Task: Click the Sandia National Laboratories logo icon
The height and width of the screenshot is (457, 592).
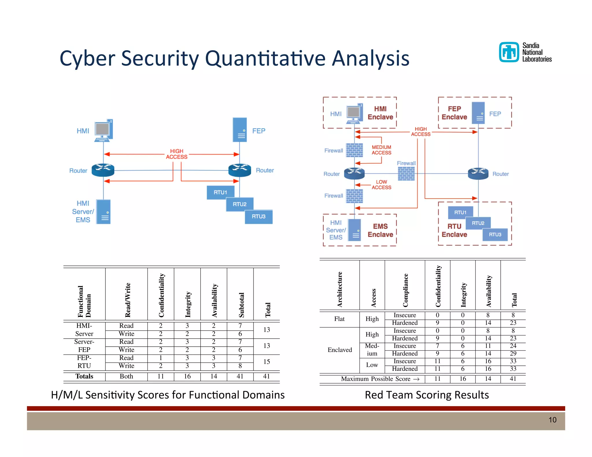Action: click(509, 52)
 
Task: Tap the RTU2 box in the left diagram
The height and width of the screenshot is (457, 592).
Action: click(240, 204)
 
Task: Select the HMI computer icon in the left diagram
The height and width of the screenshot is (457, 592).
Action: click(103, 131)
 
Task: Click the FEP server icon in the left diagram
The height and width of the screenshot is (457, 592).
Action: click(240, 130)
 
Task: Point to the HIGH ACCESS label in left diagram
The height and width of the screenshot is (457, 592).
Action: click(177, 154)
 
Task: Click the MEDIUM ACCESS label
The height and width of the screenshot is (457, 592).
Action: click(381, 150)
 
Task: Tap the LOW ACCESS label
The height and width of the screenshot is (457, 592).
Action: click(381, 185)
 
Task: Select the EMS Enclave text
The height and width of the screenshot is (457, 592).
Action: click(380, 230)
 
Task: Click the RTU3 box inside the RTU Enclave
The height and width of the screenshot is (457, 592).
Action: click(495, 235)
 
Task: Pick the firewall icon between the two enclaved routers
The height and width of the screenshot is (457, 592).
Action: click(406, 174)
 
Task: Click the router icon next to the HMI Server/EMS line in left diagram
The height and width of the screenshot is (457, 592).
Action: click(103, 170)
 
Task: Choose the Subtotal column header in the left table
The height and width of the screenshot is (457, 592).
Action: click(241, 305)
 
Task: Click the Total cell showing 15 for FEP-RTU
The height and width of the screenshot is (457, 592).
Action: click(267, 362)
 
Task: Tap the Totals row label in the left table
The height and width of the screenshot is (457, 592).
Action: click(84, 376)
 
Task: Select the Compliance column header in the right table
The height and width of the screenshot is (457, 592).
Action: click(405, 290)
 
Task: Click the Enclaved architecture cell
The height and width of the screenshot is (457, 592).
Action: click(340, 350)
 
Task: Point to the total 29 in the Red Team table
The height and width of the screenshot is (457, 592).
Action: click(513, 354)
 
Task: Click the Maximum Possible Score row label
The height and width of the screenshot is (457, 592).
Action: click(380, 379)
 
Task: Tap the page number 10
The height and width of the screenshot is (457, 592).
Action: click(552, 420)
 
